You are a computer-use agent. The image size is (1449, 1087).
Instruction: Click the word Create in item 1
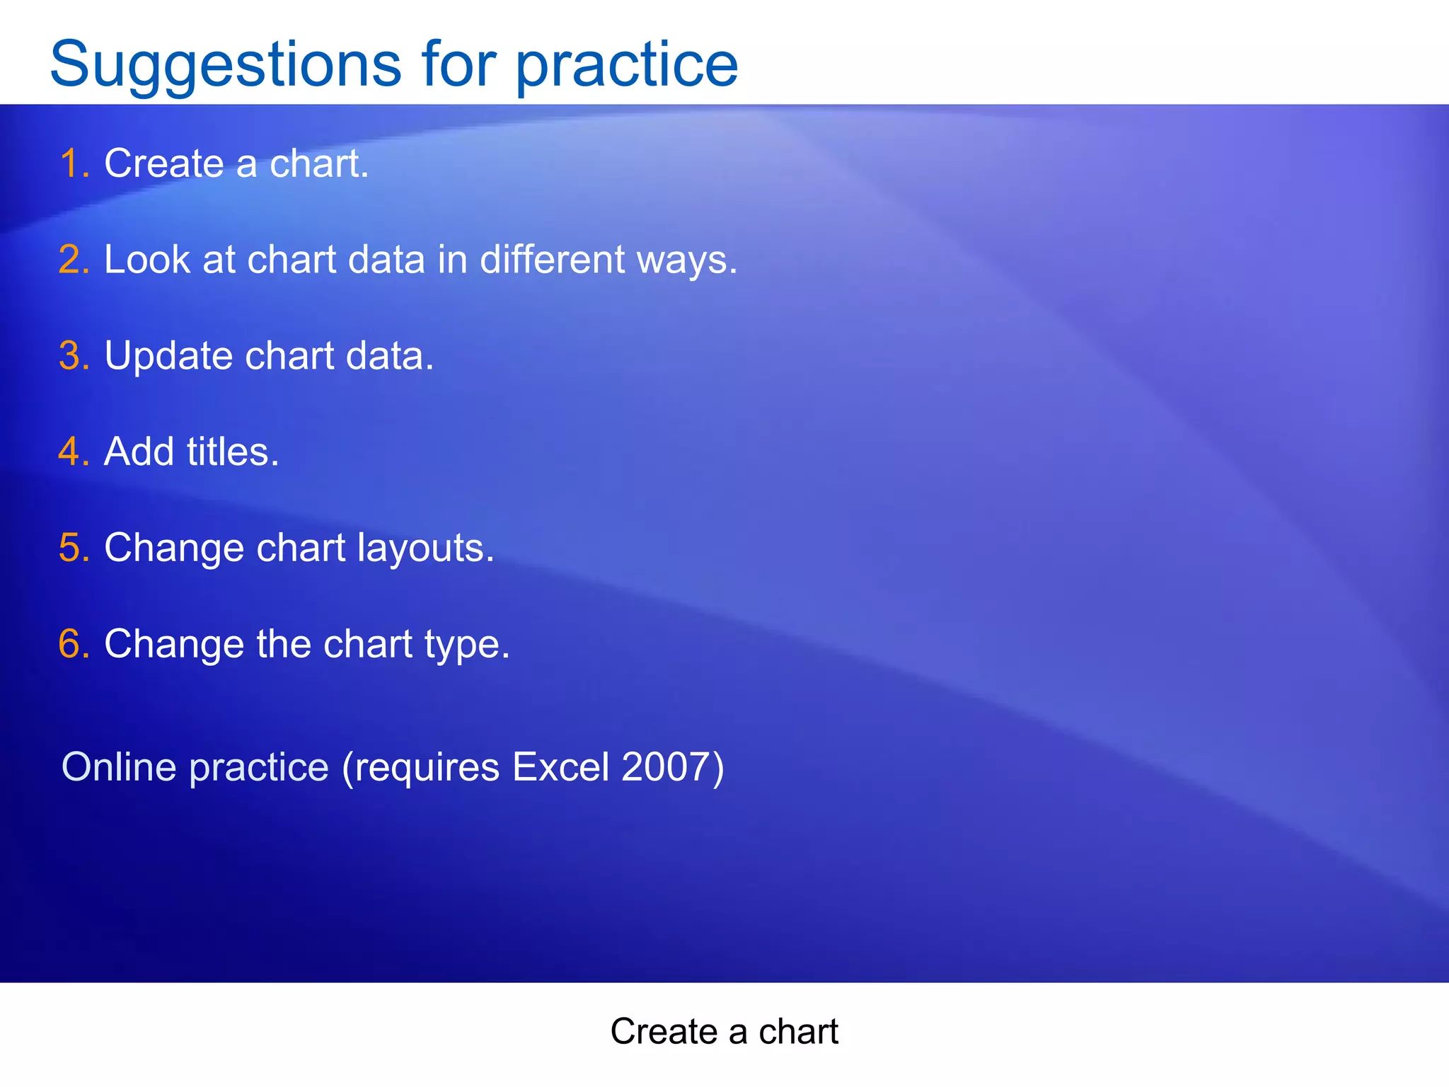pos(164,163)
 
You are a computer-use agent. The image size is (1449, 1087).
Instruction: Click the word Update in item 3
pos(168,355)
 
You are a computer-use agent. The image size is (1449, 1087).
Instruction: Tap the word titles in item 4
pos(232,452)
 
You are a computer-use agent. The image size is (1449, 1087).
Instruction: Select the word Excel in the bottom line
pos(560,767)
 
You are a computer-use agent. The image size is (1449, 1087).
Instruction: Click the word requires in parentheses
pos(427,767)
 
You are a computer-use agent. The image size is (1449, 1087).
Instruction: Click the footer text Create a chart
pos(724,1031)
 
